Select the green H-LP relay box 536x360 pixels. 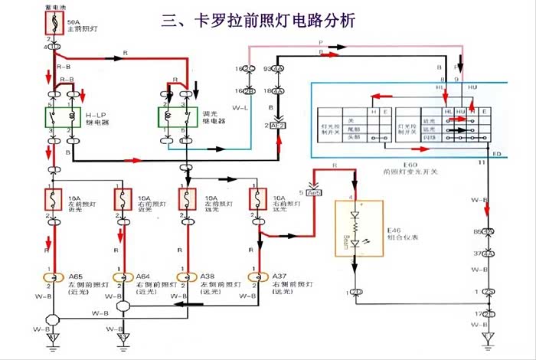(x=61, y=116)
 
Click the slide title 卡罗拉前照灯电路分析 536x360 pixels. (x=258, y=21)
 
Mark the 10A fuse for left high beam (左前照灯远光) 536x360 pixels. (x=185, y=201)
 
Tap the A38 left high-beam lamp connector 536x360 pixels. (x=185, y=277)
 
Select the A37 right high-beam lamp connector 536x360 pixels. (x=253, y=277)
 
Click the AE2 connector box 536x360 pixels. (x=276, y=124)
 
